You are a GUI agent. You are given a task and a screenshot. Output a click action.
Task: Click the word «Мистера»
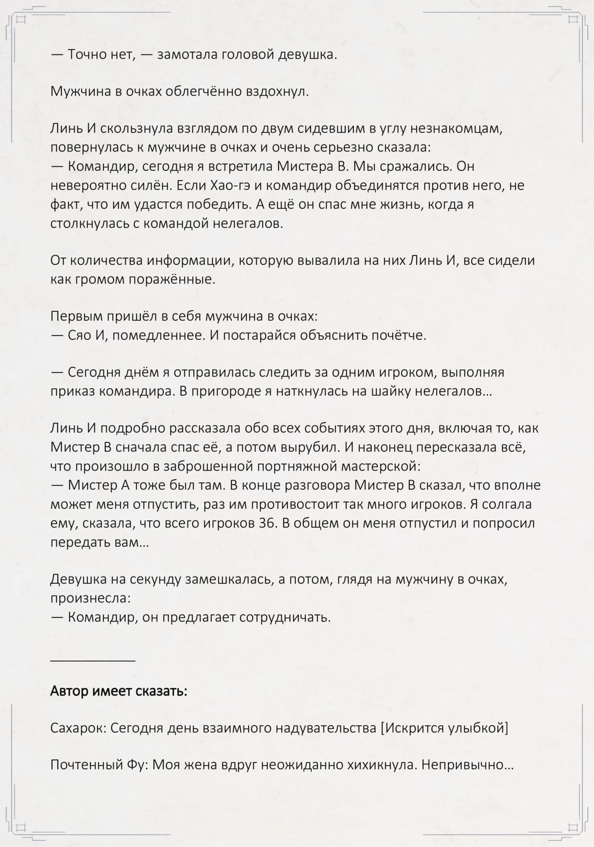click(x=305, y=166)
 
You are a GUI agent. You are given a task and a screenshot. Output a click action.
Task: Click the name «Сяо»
click(x=79, y=335)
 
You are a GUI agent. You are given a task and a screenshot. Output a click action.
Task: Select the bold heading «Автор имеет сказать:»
click(x=119, y=691)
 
